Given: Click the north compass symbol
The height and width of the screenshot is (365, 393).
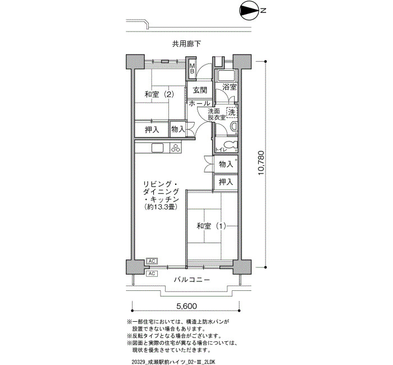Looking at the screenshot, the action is (x=249, y=11).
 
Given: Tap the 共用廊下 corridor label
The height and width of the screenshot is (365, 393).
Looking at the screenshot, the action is (x=186, y=44).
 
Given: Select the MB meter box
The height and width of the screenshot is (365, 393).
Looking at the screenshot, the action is (x=192, y=69).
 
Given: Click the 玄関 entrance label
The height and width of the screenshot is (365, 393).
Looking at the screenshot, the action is (x=200, y=90).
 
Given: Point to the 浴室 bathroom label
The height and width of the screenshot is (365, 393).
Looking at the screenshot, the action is (x=230, y=87).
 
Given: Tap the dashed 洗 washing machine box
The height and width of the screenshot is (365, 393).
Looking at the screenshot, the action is (x=231, y=112).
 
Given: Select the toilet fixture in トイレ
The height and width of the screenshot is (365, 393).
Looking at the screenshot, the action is (x=230, y=145).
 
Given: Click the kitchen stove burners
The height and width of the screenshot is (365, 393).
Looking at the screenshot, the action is (x=176, y=148).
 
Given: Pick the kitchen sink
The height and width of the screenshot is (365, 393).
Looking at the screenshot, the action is (x=158, y=148).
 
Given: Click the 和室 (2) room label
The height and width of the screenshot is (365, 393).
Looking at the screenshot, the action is (x=159, y=94).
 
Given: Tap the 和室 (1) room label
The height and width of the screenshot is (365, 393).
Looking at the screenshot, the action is (x=211, y=226).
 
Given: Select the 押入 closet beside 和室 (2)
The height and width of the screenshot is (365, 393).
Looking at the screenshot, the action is (x=152, y=130).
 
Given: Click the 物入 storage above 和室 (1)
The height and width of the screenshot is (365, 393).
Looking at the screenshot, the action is (x=226, y=165).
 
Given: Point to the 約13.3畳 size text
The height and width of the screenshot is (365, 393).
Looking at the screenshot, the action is (x=161, y=207).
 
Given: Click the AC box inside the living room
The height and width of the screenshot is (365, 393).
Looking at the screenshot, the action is (x=152, y=261).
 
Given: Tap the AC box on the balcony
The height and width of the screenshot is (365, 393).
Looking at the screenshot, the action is (x=152, y=273).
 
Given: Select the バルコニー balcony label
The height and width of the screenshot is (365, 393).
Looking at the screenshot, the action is (x=192, y=280).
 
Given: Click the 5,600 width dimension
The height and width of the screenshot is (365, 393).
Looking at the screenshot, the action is (x=187, y=306).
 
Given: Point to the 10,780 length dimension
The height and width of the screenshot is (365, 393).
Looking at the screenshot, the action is (x=261, y=163).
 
